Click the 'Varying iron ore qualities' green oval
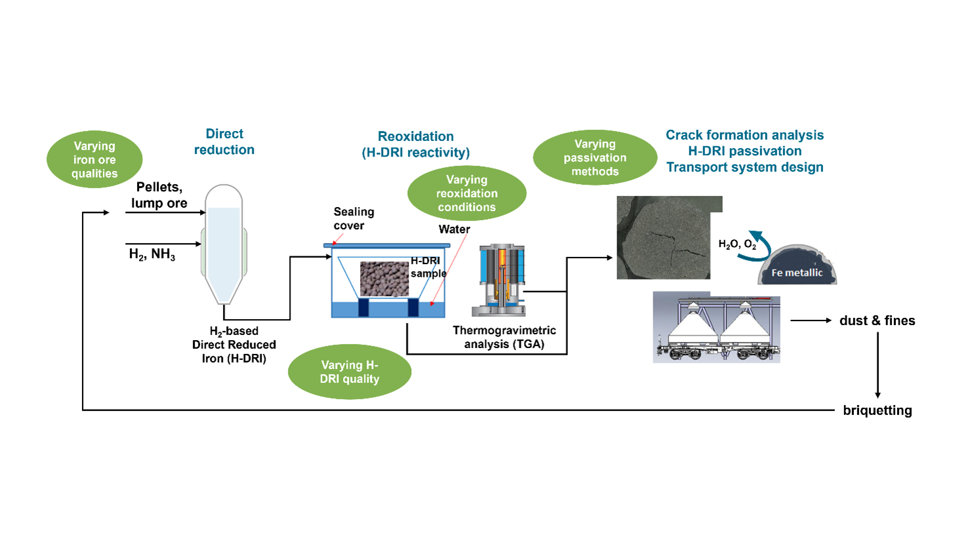(94, 159)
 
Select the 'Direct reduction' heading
(224, 142)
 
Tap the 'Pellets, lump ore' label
(159, 195)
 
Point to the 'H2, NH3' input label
(152, 254)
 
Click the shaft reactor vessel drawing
(224, 243)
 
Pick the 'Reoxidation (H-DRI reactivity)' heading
(416, 144)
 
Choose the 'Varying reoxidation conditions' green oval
(467, 193)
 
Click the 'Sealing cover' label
(353, 218)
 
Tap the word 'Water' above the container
(454, 229)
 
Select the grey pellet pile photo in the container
(384, 279)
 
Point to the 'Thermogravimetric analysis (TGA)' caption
(504, 337)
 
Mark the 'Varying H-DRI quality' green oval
(350, 372)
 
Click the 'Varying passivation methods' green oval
(595, 157)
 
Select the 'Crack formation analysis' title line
(744, 135)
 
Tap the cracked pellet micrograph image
(664, 238)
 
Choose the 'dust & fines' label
(877, 321)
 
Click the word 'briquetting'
(877, 410)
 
